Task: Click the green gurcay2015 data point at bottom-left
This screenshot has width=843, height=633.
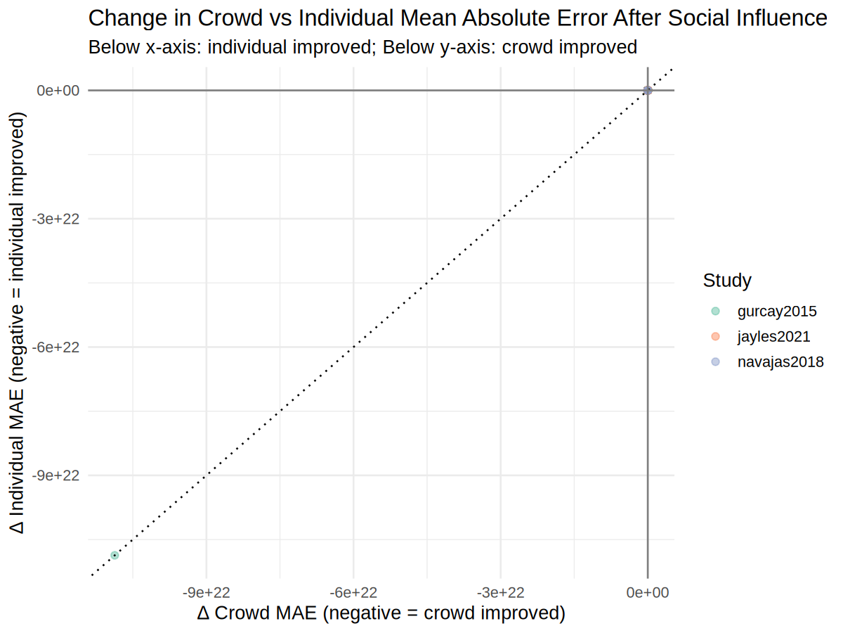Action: [115, 556]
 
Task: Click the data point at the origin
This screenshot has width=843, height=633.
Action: [648, 91]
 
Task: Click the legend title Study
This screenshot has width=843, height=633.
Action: [727, 281]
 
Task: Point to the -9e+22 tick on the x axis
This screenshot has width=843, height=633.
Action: [207, 593]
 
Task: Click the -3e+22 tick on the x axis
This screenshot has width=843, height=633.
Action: [501, 593]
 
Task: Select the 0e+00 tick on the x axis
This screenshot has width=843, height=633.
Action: [648, 593]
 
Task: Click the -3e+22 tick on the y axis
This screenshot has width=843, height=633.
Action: [58, 219]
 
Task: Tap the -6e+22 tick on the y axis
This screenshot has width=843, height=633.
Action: [58, 347]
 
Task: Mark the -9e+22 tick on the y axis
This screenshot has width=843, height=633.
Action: [58, 475]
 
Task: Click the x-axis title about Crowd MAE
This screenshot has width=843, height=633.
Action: [381, 613]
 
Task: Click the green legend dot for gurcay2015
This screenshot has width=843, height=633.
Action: [715, 311]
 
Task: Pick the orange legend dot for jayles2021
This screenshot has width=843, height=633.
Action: [715, 336]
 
